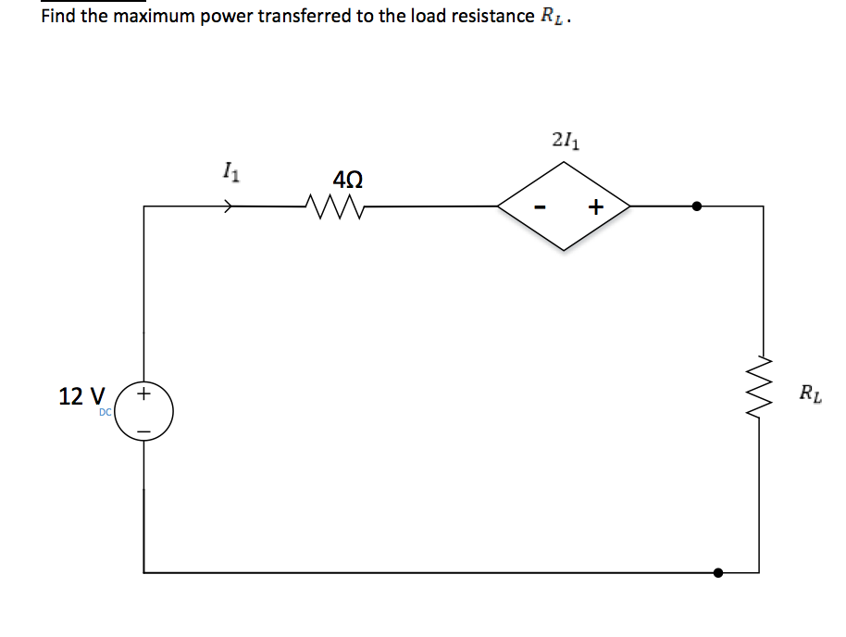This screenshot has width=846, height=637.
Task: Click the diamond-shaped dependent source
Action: point(564,206)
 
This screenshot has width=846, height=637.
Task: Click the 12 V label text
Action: point(81,396)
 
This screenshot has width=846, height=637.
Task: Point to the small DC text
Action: point(106,413)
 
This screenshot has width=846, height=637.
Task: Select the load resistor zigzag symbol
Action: point(763,389)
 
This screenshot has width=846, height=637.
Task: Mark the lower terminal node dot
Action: point(718,573)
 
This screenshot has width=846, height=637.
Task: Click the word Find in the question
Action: point(58,17)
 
